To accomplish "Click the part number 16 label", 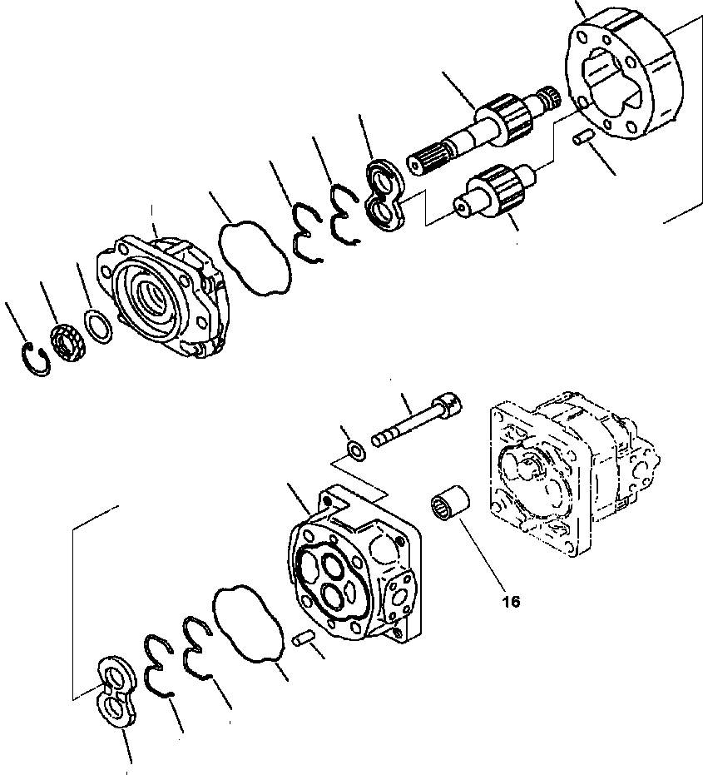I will pyautogui.click(x=511, y=601).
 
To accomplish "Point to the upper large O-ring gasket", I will pyautogui.click(x=255, y=256).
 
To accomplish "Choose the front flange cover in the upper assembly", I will pyautogui.click(x=162, y=296).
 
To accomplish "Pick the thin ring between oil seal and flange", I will pyautogui.click(x=97, y=325).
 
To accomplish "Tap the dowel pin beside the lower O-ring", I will pyautogui.click(x=304, y=638).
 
